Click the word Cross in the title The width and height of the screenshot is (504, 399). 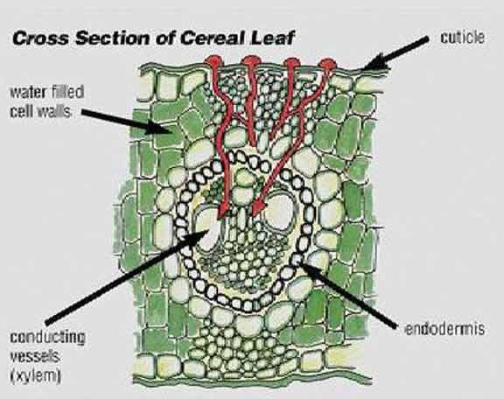40,38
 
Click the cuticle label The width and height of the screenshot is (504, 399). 462,38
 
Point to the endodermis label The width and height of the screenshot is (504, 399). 444,329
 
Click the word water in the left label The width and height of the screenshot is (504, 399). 27,93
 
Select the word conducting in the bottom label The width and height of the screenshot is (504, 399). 47,337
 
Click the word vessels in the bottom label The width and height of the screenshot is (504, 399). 35,356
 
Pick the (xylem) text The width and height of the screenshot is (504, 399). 36,376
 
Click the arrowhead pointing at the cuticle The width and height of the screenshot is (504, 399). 376,63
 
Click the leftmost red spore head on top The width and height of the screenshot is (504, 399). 213,61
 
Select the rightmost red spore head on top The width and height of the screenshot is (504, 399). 328,64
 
